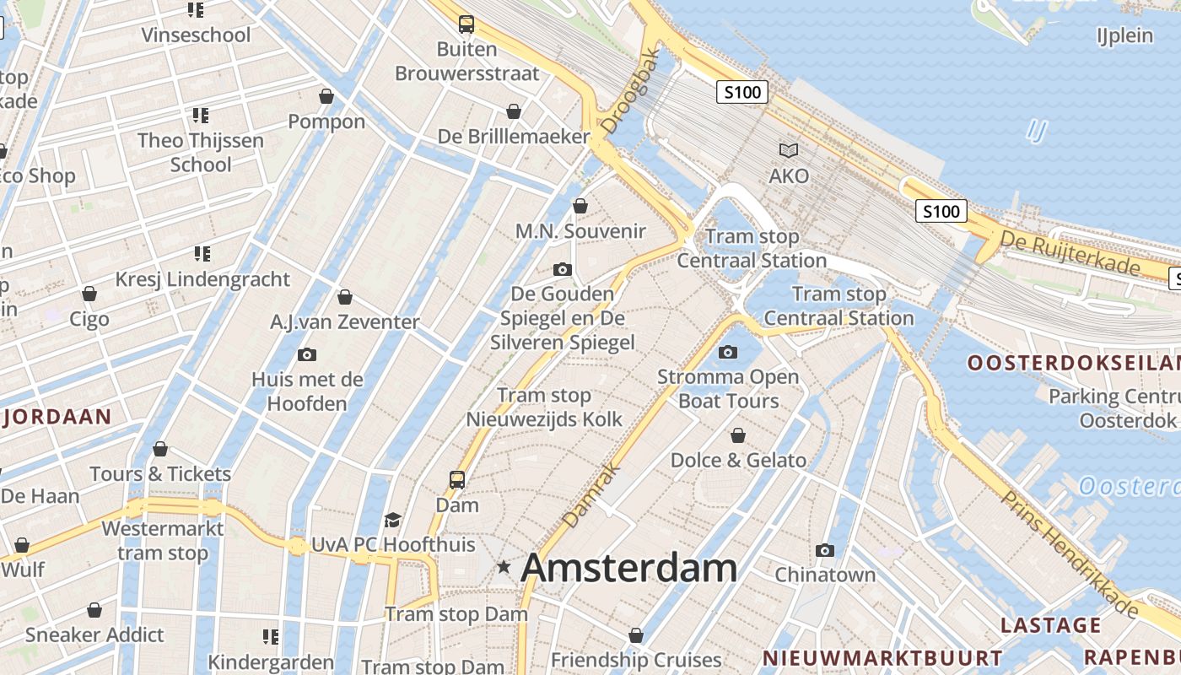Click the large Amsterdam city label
(629, 568)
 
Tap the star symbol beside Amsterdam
(504, 567)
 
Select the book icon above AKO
(789, 150)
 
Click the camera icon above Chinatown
(825, 551)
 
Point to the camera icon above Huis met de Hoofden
(307, 354)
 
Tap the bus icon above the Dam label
(457, 480)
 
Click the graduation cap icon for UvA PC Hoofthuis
(392, 520)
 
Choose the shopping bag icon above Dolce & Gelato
(738, 435)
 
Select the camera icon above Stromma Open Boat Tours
(728, 352)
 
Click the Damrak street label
(591, 495)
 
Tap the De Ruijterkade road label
(1070, 253)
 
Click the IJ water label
(1037, 131)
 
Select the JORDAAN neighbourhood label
(58, 416)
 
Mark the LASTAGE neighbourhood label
(1051, 625)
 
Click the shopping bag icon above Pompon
(326, 97)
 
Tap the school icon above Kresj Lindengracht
(202, 253)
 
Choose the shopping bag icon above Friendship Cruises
(636, 635)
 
